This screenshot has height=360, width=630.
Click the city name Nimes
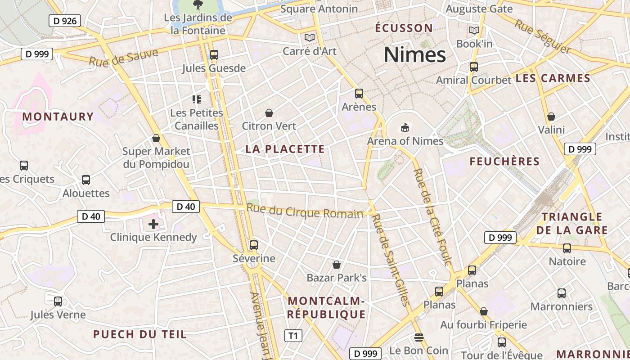[414, 55]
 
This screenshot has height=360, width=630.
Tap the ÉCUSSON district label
[404, 28]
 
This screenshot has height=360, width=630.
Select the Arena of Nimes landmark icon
[405, 127]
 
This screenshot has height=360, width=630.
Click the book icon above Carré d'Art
[309, 37]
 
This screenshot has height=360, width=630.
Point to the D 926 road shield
[64, 21]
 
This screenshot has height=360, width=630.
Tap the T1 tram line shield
[293, 336]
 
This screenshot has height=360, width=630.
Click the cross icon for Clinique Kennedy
[153, 224]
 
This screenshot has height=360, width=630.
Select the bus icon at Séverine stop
[254, 245]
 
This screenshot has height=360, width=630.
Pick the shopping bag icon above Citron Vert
[269, 112]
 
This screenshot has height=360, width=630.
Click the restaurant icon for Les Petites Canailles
[196, 99]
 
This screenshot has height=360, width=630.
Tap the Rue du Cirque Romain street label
[305, 211]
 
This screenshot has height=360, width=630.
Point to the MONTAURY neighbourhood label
[58, 117]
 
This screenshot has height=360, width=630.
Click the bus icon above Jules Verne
[58, 301]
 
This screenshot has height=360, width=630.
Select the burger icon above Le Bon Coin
[419, 337]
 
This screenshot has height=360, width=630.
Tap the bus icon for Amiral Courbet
[473, 67]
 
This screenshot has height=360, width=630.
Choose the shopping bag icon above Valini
[551, 117]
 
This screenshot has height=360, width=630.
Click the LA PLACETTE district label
[285, 149]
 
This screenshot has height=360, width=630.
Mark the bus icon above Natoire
[567, 248]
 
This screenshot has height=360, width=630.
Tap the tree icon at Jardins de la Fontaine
[198, 5]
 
